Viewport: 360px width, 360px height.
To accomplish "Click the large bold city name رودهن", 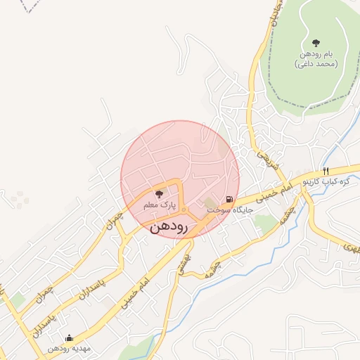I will coord(169,228).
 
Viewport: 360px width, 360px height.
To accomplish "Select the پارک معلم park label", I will coord(158,205).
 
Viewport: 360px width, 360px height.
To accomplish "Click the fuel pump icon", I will coord(231,199).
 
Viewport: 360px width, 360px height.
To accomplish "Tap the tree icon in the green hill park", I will coord(316,43).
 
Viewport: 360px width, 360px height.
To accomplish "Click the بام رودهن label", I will coord(316,54).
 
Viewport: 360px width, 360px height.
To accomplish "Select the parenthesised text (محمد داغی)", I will coord(316,64).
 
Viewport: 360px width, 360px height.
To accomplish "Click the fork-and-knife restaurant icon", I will coord(326,172).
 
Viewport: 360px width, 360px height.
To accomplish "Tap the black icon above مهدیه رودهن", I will coord(69,338).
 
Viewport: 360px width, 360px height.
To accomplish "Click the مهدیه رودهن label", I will coord(69,349).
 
